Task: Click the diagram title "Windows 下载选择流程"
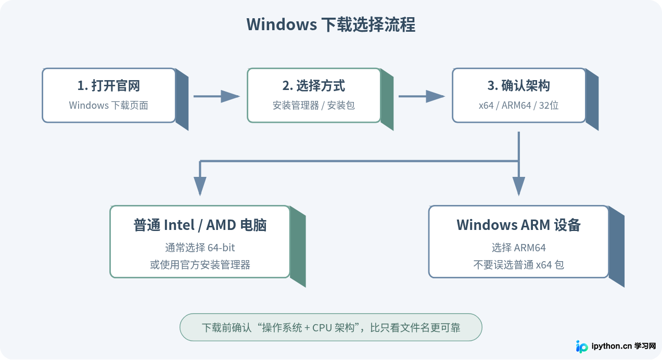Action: [330, 24]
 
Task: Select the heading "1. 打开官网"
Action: [108, 86]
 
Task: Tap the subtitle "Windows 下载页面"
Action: [108, 106]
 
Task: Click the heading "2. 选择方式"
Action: [313, 86]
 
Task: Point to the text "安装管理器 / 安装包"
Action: [313, 106]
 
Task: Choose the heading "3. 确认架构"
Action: [519, 86]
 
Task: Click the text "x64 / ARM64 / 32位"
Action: [519, 106]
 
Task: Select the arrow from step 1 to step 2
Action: [217, 96]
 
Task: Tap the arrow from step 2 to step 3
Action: [422, 96]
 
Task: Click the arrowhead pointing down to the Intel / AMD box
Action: [200, 186]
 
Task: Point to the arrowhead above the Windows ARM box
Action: [519, 186]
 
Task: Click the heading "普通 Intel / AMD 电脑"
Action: [200, 225]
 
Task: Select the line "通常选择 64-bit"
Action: [200, 248]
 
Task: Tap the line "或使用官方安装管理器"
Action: [200, 265]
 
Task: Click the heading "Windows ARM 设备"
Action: [519, 225]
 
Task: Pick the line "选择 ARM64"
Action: [519, 248]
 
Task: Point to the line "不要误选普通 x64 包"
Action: [519, 265]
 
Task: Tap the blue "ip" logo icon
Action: [582, 346]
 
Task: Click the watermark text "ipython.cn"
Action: [612, 346]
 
